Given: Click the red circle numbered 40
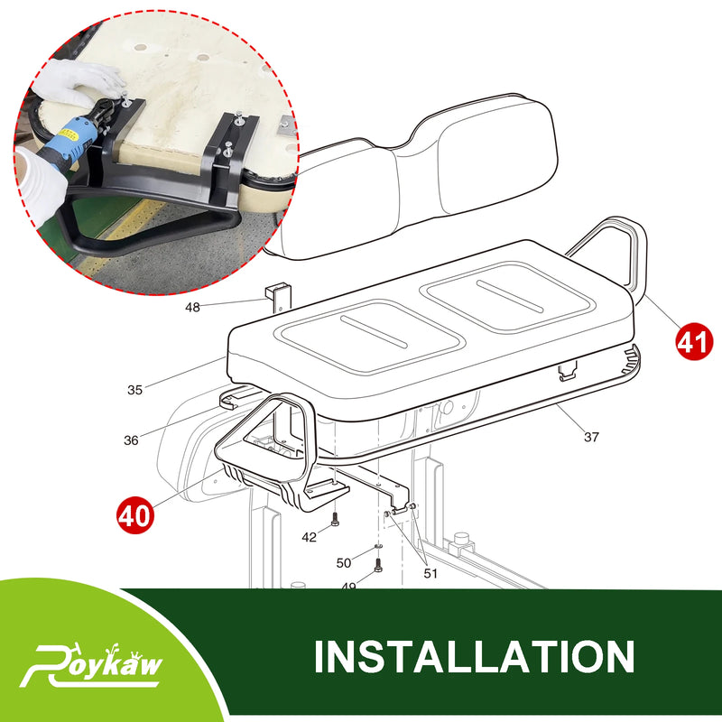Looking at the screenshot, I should [134, 515].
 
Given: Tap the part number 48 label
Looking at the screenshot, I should [193, 307].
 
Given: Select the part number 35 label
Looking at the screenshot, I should [134, 390].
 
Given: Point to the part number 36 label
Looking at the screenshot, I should [132, 440].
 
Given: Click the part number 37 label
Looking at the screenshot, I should [591, 437].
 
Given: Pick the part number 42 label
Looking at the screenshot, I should [310, 537].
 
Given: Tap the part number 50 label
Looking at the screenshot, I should [344, 562].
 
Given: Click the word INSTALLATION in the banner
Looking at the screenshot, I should [474, 656].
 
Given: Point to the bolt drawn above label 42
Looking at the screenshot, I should [335, 519].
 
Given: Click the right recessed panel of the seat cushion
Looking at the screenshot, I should [510, 294].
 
